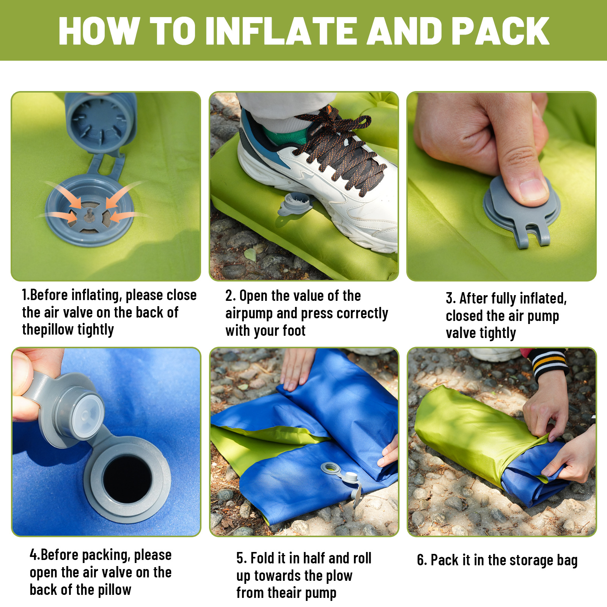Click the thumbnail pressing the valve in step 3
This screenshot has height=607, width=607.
tap(533, 188)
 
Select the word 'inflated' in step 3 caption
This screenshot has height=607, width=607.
tap(543, 299)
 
